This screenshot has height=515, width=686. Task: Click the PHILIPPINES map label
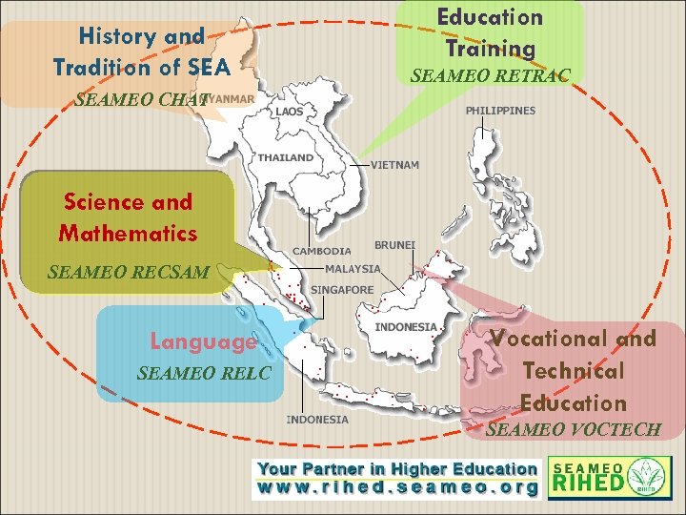point(500,111)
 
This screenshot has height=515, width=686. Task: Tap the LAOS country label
point(291,112)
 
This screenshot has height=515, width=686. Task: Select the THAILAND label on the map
point(285,157)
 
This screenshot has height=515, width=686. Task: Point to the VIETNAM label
point(394,165)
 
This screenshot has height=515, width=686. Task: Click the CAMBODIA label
point(321,252)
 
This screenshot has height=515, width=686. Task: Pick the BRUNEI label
point(394,245)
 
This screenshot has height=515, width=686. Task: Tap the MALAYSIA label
point(353,269)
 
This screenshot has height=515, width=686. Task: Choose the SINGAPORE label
point(342,290)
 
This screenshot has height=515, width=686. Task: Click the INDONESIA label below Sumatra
point(317,420)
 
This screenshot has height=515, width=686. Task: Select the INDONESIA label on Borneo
point(406,327)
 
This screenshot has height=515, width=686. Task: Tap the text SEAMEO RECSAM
point(128,273)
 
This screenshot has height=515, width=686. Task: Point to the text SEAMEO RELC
point(204,373)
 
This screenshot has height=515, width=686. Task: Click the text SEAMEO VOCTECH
point(573,430)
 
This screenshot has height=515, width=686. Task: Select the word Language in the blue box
point(203,341)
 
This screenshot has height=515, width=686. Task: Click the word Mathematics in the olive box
point(128,233)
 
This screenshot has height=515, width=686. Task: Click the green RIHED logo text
point(588,484)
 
